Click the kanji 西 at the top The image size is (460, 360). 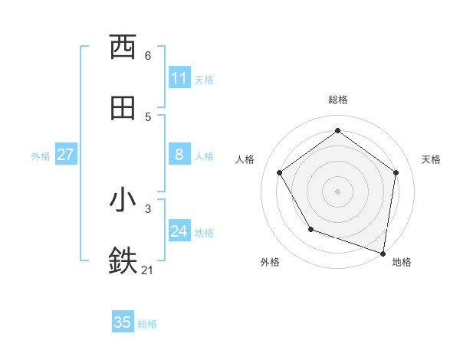[x=123, y=47]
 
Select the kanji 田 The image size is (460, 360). [x=123, y=109]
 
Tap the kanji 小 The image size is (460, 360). [x=123, y=200]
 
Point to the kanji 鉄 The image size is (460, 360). [x=123, y=261]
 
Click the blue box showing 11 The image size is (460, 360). [x=179, y=78]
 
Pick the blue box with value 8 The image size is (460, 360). [x=179, y=155]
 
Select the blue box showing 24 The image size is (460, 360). [x=179, y=231]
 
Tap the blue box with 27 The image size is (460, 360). [x=66, y=155]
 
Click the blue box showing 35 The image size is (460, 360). [x=123, y=322]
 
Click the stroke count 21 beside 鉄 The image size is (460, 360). [x=148, y=270]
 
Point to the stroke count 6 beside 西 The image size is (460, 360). [x=148, y=55]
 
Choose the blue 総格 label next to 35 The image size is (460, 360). [x=147, y=323]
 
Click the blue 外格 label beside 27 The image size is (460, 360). [x=41, y=155]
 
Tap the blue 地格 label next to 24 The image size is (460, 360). [x=204, y=232]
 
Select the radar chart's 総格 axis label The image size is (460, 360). [x=337, y=100]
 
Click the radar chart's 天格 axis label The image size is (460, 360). [x=431, y=159]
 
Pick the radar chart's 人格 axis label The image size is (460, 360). [x=245, y=159]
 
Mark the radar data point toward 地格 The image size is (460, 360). [x=383, y=253]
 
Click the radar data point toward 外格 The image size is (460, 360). [x=310, y=229]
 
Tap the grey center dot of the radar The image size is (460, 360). [x=337, y=191]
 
